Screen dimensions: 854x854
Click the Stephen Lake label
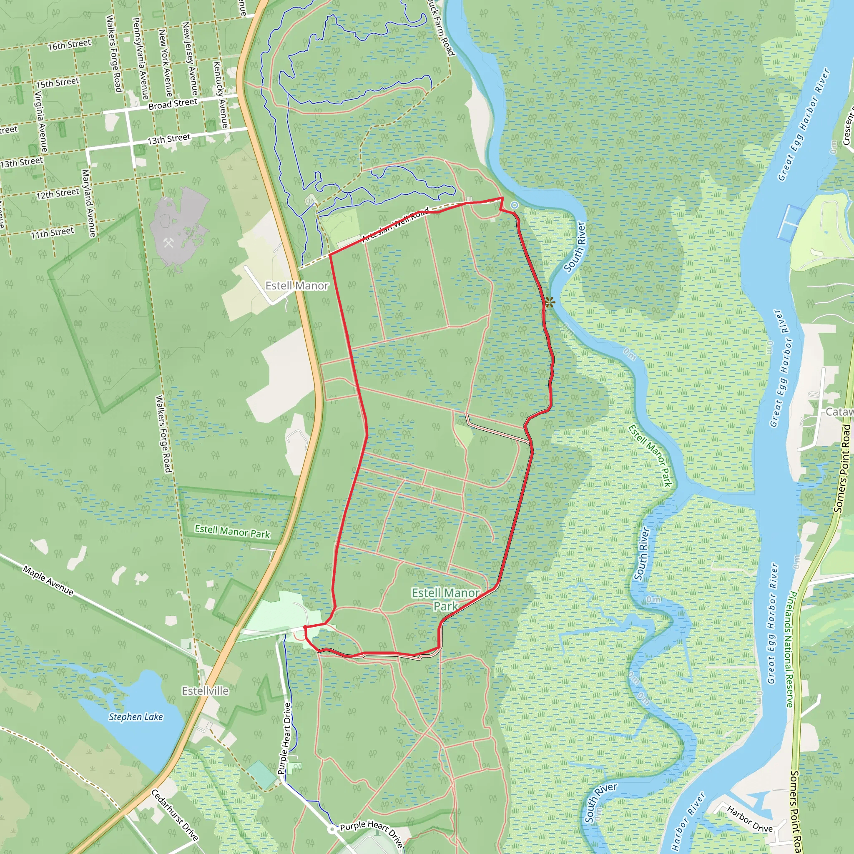[136, 717]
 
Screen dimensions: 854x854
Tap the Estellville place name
[205, 691]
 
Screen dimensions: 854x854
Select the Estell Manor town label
[296, 286]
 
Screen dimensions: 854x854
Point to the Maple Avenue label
[49, 580]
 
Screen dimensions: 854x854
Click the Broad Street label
[172, 104]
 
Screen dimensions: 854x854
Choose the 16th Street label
[69, 45]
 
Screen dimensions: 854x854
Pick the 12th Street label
[58, 193]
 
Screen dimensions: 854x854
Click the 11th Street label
[52, 233]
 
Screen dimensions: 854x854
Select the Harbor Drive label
[750, 819]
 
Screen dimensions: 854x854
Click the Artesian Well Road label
[395, 225]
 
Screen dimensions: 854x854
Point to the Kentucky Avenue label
[220, 94]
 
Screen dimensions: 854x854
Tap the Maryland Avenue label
[89, 203]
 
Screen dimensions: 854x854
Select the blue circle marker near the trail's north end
[514, 205]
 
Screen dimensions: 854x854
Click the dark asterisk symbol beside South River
[550, 303]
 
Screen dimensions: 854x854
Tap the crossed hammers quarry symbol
[168, 242]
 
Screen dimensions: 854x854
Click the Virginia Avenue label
[41, 122]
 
